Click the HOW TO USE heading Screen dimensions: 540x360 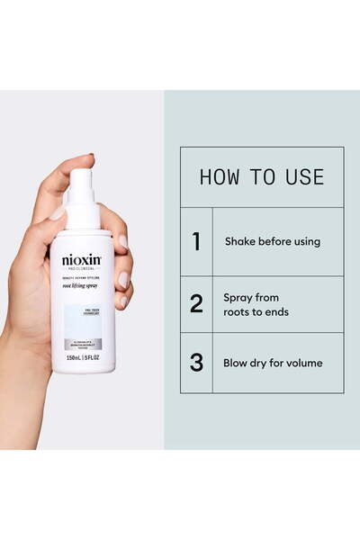click(261, 176)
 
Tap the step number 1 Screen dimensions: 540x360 click(195, 241)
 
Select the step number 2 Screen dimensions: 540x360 click(196, 303)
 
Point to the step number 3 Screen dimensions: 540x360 click(196, 364)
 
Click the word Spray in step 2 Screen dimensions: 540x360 click(238, 296)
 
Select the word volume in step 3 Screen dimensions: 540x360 click(303, 364)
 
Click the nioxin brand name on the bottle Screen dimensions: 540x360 click(81, 260)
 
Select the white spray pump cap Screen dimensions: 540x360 click(82, 198)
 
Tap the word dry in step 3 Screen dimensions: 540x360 click(264, 364)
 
